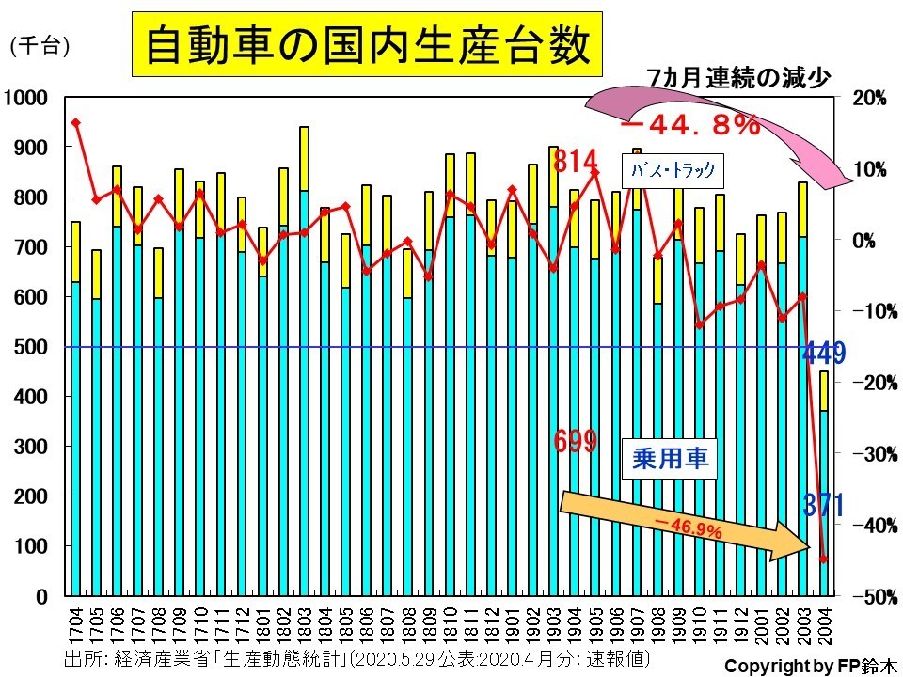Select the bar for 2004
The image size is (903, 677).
[x=823, y=483]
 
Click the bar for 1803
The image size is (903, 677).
[x=304, y=361]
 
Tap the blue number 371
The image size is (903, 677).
[x=823, y=506]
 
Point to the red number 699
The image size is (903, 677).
[x=574, y=440]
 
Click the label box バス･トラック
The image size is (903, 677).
[x=673, y=170]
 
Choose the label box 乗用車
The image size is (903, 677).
[x=668, y=458]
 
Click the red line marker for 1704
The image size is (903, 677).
[x=75, y=123]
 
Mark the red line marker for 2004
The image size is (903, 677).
[x=823, y=559]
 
